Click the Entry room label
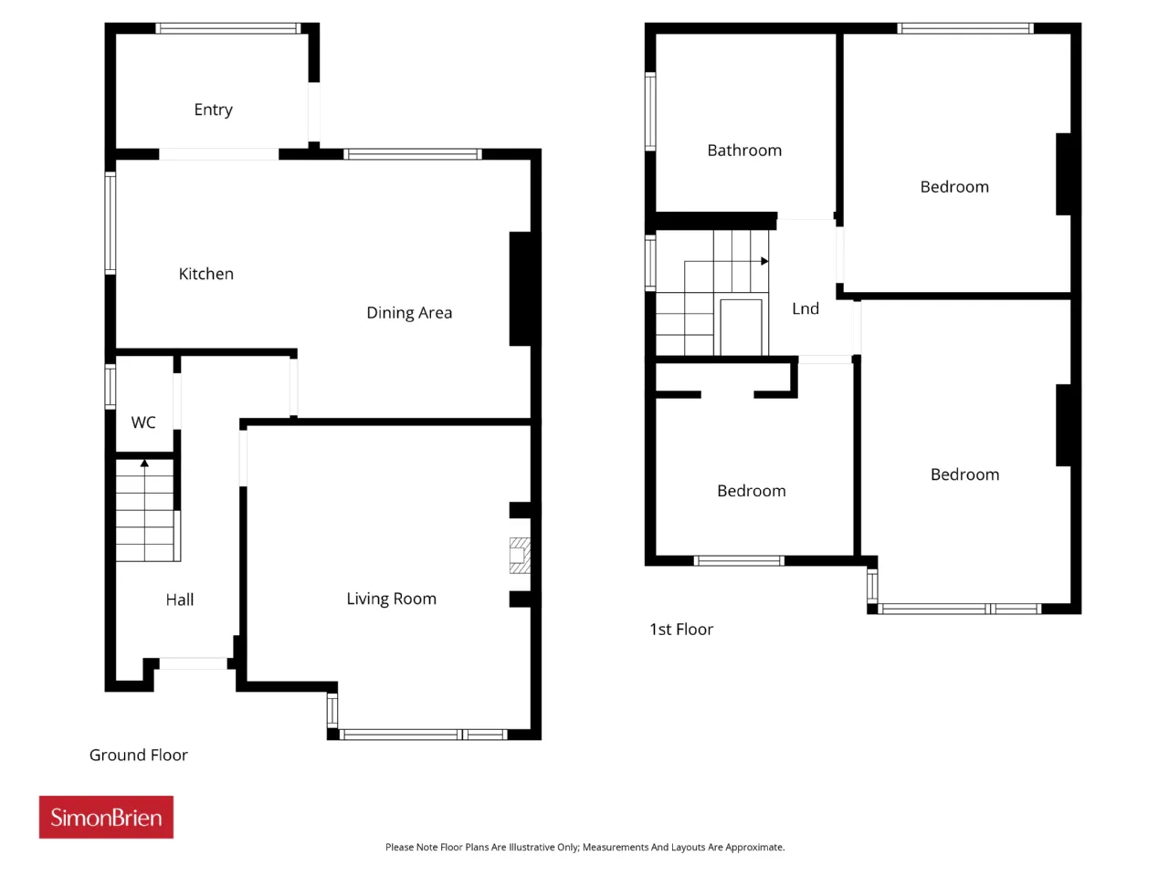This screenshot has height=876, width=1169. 213,110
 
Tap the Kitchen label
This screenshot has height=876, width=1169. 206,274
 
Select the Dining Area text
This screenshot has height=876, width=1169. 409,313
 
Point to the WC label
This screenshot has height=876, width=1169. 143,422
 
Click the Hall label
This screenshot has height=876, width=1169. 180,600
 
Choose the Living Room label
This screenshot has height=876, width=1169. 392,600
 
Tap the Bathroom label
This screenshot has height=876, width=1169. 744,151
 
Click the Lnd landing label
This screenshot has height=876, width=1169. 806,308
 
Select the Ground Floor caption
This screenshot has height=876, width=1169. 139,756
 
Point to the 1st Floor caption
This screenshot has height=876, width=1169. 681,630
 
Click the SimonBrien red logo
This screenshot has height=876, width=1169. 106,817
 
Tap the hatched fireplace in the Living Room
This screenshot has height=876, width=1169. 520,556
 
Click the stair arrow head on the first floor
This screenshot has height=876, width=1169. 764,261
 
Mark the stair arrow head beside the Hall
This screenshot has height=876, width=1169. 144,464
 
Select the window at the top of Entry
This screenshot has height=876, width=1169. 228,28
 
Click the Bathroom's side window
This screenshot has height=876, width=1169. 650,111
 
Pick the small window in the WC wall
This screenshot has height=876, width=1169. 111,387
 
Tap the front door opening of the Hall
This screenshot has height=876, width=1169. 194,663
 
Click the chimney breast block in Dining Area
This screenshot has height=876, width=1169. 521,289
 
